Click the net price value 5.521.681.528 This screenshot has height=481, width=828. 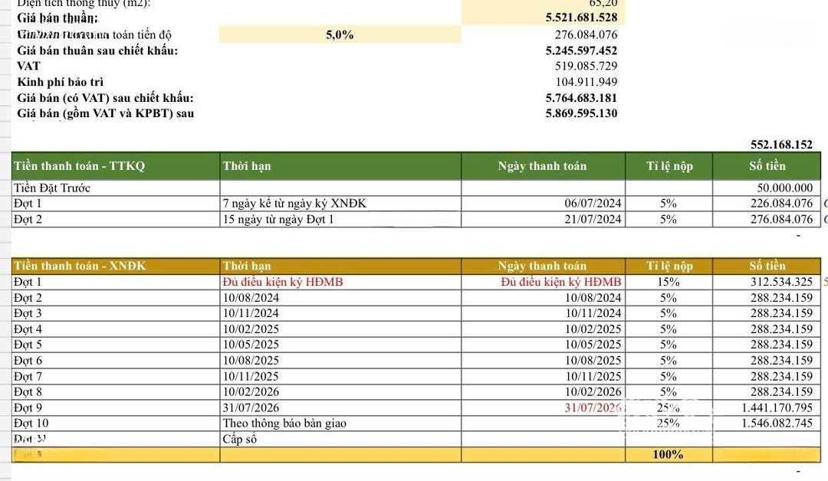pos(581,17)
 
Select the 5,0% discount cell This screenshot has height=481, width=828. pos(339,34)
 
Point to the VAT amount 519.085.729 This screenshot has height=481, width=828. pos(586,66)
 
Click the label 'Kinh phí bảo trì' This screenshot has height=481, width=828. pos(61,82)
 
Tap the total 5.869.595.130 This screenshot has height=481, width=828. pos(581,113)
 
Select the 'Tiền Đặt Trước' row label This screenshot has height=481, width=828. pos(52,188)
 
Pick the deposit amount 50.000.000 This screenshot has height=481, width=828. pos(784,188)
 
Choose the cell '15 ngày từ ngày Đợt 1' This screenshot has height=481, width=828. pos(278,220)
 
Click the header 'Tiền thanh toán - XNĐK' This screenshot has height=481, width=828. pos(80,267)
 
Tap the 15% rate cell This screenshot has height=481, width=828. pos(669,282)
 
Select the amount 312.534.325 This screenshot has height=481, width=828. pos(781,282)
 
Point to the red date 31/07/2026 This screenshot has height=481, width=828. pos(591,407)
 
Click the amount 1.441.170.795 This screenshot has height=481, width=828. pos(777,407)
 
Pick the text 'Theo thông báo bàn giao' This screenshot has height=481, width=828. pos(284,424)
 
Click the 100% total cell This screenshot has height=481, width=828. pos(668,455)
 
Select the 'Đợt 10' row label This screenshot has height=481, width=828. pos(31,424)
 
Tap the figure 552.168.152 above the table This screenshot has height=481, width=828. pos(780,144)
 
